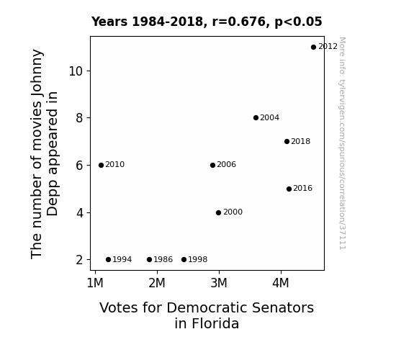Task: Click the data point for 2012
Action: [x=313, y=48]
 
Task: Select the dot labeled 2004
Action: [x=256, y=118]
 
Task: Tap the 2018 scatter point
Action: [x=287, y=142]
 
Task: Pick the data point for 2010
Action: [x=101, y=166]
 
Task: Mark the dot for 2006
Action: [x=213, y=166]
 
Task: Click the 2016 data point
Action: [x=289, y=189]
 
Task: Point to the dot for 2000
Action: [x=218, y=213]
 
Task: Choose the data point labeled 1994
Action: [x=108, y=260]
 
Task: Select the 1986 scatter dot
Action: [x=150, y=260]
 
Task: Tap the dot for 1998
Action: [x=184, y=260]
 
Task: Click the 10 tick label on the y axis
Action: [x=76, y=71]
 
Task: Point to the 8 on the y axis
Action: [x=79, y=118]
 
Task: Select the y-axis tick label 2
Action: [x=79, y=260]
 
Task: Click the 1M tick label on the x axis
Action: [x=95, y=283]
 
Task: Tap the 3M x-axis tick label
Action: [x=219, y=283]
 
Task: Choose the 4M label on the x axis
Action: [x=281, y=283]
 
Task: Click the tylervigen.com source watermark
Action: [x=342, y=143]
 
